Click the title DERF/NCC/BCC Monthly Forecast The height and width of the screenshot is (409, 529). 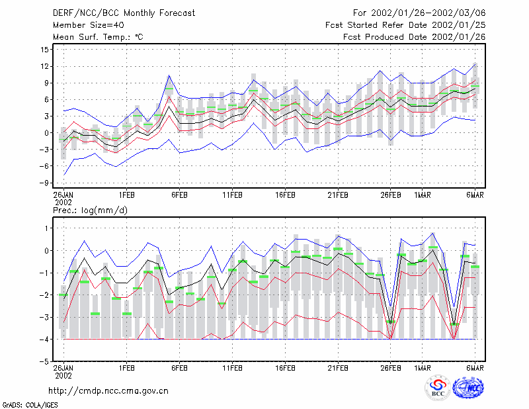pyautogui.click(x=124, y=13)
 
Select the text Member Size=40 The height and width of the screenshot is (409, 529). pyautogui.click(x=89, y=25)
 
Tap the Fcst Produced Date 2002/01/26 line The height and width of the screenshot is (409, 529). pyautogui.click(x=415, y=37)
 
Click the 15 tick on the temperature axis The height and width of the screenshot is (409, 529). pyautogui.click(x=44, y=50)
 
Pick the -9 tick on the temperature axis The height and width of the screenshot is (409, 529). pyautogui.click(x=44, y=183)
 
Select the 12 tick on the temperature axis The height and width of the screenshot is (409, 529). pyautogui.click(x=44, y=66)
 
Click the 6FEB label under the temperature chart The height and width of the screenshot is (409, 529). pyautogui.click(x=179, y=195)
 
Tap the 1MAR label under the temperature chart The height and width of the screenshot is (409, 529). pyautogui.click(x=423, y=195)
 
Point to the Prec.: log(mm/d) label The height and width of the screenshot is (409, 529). pyautogui.click(x=90, y=210)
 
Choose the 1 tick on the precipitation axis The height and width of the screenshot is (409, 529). pyautogui.click(x=46, y=228)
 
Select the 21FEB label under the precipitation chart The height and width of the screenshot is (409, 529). pyautogui.click(x=338, y=368)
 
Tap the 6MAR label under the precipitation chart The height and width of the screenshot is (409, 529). pyautogui.click(x=475, y=368)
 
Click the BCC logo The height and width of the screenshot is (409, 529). pyautogui.click(x=438, y=388)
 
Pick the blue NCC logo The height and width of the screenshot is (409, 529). pyautogui.click(x=468, y=388)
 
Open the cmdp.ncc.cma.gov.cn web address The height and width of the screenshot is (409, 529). pyautogui.click(x=108, y=391)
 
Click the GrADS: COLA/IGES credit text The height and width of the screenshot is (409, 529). pyautogui.click(x=30, y=405)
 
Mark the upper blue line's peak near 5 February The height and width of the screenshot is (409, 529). pyautogui.click(x=169, y=75)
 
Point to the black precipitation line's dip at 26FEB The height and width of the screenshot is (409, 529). pyautogui.click(x=391, y=324)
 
